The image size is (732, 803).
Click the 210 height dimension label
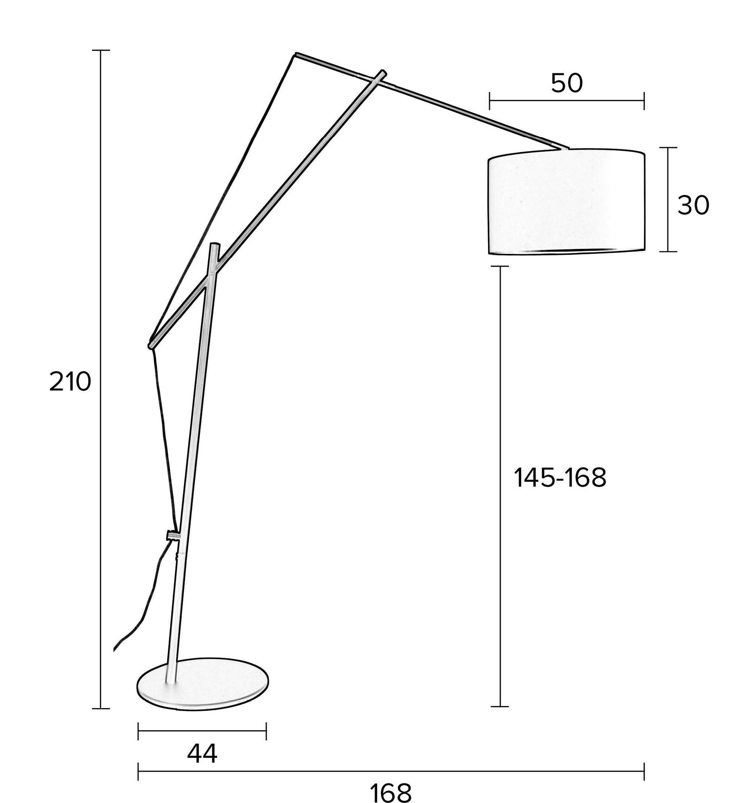[70, 382]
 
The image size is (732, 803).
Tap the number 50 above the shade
[566, 83]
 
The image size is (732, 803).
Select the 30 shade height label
[693, 206]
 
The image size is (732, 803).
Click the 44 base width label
[202, 753]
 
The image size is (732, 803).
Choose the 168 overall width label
[390, 793]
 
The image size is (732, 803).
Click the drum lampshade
[566, 201]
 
